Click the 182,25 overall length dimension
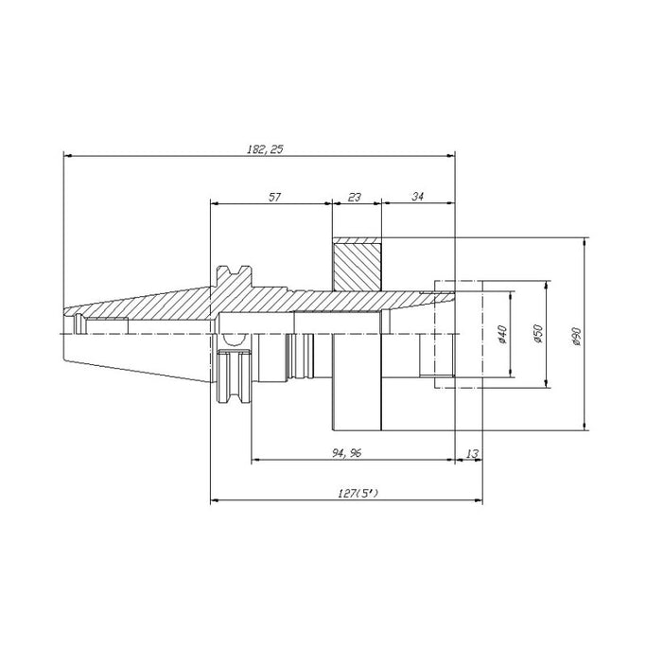pos(257,148)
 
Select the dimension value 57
pos(274,197)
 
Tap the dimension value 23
pos(355,197)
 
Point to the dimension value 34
pos(417,197)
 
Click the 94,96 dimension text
pos(346,453)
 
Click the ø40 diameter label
pos(503,334)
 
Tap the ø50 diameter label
pos(537,334)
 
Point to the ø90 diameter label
pos(576,334)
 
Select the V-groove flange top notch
pos(232,273)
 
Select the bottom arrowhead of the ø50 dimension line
pos(547,382)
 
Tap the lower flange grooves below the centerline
pos(232,377)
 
